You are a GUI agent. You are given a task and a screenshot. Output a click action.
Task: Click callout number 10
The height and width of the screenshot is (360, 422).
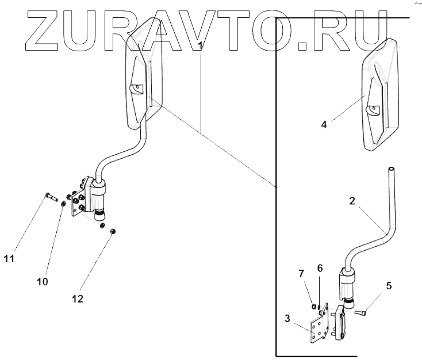pyautogui.click(x=42, y=281)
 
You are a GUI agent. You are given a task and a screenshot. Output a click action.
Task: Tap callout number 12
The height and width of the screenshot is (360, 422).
pyautogui.click(x=77, y=298)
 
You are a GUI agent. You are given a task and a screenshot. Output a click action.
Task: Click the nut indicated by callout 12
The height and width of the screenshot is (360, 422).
pyautogui.click(x=113, y=231)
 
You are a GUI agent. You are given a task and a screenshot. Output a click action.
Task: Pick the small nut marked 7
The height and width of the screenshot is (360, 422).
pyautogui.click(x=313, y=305)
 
